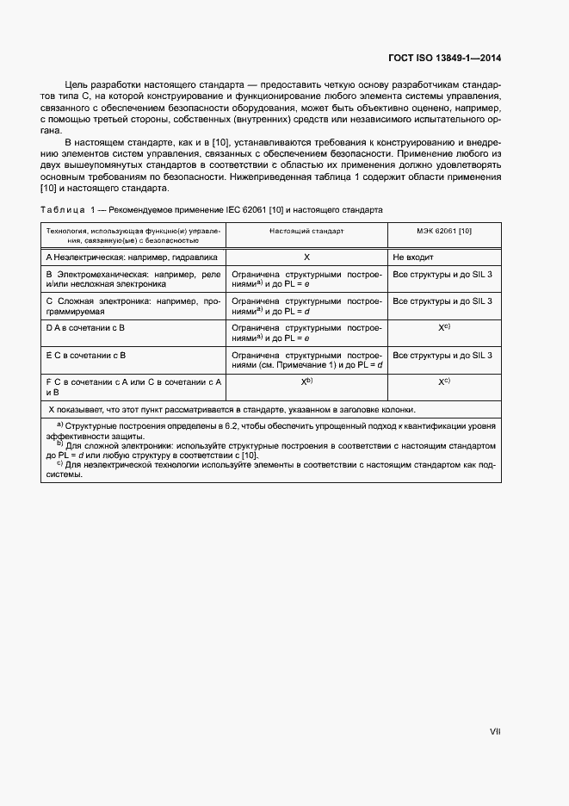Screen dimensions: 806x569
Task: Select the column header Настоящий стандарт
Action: pyautogui.click(x=306, y=232)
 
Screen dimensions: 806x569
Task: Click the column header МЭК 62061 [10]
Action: pyautogui.click(x=443, y=232)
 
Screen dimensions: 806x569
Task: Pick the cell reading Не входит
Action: pyautogui.click(x=411, y=257)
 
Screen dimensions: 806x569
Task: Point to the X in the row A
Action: pyautogui.click(x=306, y=257)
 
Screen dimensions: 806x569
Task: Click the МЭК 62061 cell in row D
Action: pyautogui.click(x=443, y=328)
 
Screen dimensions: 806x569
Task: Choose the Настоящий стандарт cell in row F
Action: pyautogui.click(x=306, y=381)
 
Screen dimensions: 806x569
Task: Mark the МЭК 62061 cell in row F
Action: pyautogui.click(x=443, y=381)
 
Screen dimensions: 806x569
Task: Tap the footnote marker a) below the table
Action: pyautogui.click(x=60, y=425)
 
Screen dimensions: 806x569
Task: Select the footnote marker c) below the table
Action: pyautogui.click(x=60, y=462)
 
